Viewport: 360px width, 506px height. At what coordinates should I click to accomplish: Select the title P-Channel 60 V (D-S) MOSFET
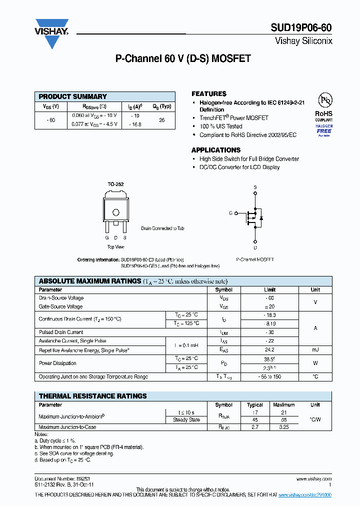pos(183,59)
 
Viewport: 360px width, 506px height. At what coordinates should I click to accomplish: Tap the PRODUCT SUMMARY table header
pos(73,96)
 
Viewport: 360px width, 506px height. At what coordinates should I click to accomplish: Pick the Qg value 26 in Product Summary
pos(161,120)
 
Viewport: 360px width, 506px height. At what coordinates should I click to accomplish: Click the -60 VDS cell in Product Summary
pos(50,120)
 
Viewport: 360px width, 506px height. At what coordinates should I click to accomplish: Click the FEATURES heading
pos(209,94)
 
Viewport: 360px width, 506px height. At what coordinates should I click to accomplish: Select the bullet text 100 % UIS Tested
pos(220,126)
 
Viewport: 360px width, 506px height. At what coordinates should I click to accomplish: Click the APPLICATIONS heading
pos(216,150)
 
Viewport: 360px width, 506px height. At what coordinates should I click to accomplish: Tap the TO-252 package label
pos(115,184)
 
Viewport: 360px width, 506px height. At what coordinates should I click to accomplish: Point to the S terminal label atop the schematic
pos(255,187)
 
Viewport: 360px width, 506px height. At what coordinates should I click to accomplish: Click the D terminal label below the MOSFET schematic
pos(255,247)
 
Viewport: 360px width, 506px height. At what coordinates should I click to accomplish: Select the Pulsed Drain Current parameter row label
pos(61,332)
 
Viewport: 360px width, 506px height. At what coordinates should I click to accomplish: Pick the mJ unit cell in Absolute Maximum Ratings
pos(315,350)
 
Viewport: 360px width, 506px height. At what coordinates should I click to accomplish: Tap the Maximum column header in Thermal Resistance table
pos(284,405)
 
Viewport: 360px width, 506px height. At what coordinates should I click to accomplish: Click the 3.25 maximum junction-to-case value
pos(284,427)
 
